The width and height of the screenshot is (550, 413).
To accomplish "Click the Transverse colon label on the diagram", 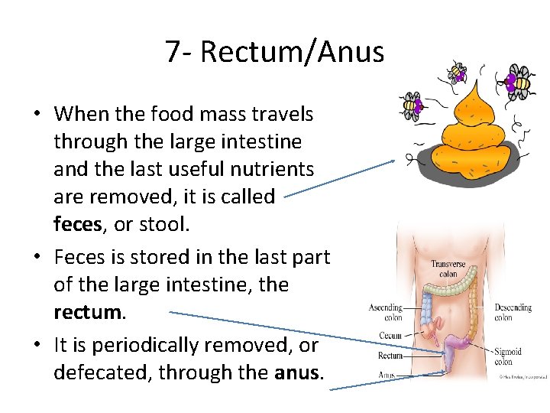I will [x=448, y=268].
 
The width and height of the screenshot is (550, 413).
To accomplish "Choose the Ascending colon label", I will [x=386, y=312].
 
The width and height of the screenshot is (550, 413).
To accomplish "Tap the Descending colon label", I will [x=513, y=312].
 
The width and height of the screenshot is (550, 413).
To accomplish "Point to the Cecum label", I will [x=390, y=336].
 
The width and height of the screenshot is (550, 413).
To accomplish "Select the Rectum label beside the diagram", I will [x=390, y=355].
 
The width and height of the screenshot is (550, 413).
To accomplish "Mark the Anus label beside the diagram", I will [x=387, y=375].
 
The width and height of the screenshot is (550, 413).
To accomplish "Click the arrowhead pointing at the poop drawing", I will [x=392, y=161].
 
